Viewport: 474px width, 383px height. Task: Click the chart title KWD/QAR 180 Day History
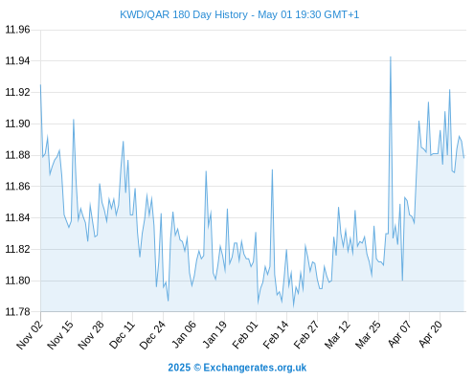(184, 14)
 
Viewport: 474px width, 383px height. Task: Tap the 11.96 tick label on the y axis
(17, 30)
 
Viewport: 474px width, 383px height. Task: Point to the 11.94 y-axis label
(17, 60)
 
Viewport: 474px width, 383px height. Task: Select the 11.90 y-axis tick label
(17, 124)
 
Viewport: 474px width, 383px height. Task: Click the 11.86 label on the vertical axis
(17, 186)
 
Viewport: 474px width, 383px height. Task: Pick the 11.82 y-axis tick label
(17, 249)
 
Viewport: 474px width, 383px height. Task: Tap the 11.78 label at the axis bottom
(17, 311)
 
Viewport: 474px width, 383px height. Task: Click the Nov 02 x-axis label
(30, 334)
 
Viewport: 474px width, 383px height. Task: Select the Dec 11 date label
(122, 334)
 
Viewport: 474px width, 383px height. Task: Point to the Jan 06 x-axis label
(183, 334)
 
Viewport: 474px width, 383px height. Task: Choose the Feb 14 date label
(276, 334)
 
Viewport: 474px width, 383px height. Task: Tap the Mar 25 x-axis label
(368, 334)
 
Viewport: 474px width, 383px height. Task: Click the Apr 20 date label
(430, 334)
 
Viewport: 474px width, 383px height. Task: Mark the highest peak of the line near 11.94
(391, 56)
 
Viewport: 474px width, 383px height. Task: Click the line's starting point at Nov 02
(40, 84)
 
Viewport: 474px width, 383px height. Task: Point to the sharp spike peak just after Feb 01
(272, 169)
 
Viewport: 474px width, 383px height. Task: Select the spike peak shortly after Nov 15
(74, 120)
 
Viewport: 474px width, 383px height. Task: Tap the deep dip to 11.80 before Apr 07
(402, 281)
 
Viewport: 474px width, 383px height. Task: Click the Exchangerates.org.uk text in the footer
(255, 368)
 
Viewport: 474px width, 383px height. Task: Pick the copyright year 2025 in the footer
(179, 368)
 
